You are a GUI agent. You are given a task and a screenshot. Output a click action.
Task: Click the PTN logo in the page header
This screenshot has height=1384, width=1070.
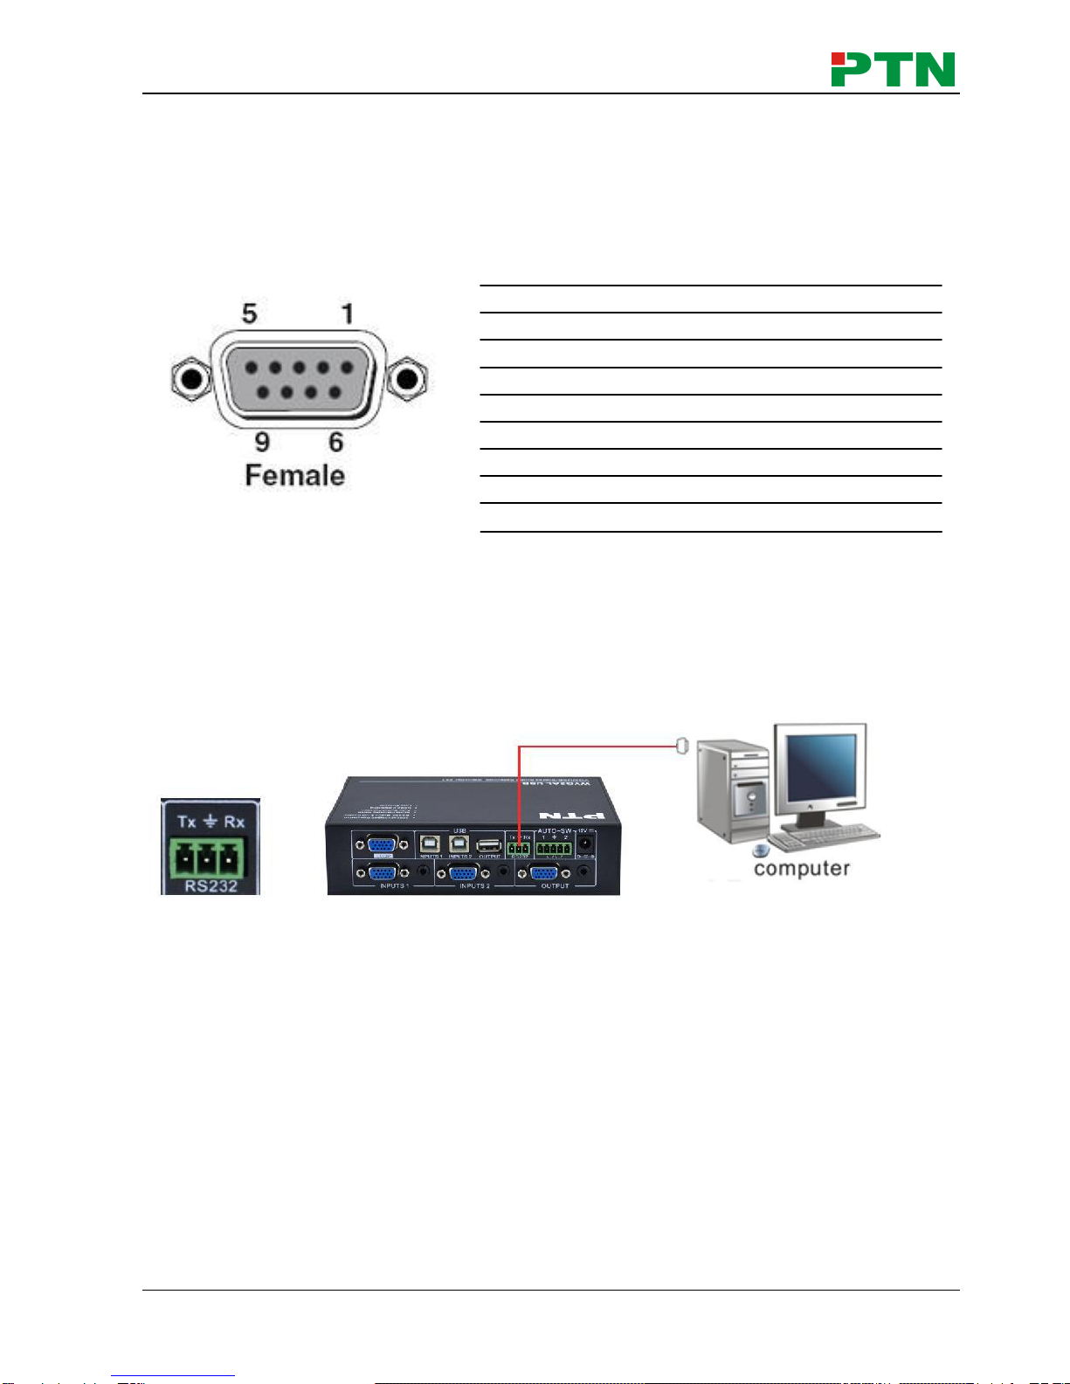pos(893,69)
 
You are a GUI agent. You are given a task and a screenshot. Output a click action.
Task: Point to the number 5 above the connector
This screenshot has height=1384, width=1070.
pos(250,313)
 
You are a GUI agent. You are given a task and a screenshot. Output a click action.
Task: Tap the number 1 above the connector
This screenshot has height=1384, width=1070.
pos(348,313)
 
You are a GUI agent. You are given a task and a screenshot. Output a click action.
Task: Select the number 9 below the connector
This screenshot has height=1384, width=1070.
pos(262,442)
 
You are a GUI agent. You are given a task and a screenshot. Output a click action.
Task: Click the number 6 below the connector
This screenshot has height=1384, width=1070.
pos(336,442)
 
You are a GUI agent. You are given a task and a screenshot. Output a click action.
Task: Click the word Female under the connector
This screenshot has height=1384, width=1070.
pos(294,476)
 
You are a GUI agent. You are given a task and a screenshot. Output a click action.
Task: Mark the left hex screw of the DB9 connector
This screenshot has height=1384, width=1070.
pos(190,379)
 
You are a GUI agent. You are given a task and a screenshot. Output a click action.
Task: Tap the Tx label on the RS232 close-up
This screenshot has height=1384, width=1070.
pos(187,822)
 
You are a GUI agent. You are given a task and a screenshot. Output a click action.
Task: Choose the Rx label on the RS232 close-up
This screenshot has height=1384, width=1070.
pos(234,822)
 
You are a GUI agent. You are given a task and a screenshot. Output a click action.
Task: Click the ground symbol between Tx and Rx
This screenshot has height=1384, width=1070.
pos(211,822)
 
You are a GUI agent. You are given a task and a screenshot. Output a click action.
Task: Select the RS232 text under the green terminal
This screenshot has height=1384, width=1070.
pos(211,886)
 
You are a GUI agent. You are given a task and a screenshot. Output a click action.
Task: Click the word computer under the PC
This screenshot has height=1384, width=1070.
pos(801,869)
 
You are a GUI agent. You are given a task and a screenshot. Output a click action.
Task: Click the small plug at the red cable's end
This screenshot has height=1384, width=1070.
pos(683,746)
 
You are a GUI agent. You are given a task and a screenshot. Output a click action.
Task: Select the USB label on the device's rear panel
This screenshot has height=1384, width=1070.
pos(459,830)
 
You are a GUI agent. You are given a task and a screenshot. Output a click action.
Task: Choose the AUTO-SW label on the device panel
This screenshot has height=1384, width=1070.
pos(554,830)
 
